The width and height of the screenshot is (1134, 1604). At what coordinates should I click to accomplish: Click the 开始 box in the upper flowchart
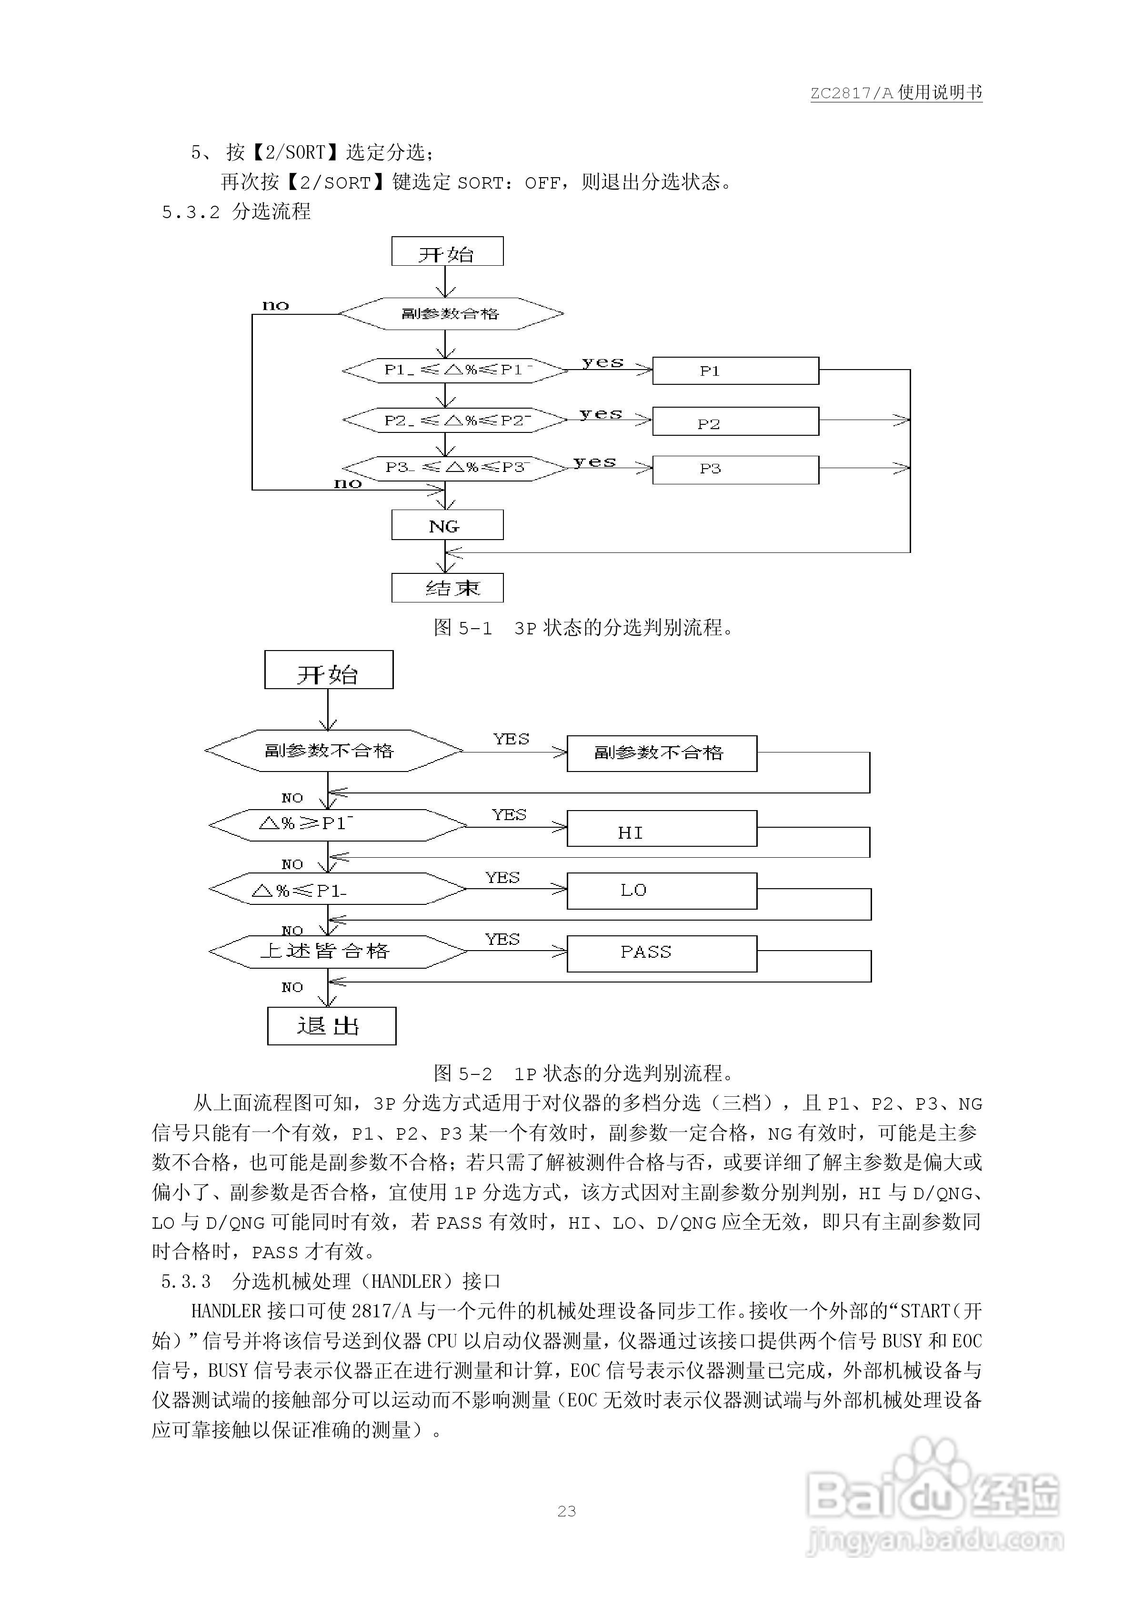(447, 251)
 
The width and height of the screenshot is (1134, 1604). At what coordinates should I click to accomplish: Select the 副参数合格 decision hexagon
(451, 314)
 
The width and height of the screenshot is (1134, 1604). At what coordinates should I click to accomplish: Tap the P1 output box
(735, 370)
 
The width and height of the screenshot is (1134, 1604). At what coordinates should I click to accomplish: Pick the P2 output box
(735, 422)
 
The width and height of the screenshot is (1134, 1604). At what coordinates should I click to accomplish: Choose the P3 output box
(735, 470)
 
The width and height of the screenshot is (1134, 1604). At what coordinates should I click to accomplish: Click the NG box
(447, 525)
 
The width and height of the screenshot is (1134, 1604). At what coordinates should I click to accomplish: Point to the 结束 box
(447, 588)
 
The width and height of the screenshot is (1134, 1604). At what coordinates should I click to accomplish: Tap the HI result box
(661, 829)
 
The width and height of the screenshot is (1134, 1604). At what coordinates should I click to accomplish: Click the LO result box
(661, 891)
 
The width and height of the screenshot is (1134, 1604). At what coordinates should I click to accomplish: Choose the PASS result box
(661, 953)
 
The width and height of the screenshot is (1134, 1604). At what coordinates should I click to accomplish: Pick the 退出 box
(331, 1026)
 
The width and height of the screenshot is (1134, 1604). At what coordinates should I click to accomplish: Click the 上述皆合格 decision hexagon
(338, 952)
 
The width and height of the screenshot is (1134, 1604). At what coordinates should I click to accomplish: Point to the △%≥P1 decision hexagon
(338, 825)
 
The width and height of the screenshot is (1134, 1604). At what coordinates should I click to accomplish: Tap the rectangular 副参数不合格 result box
(661, 753)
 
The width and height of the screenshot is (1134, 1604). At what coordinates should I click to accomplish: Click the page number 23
(567, 1511)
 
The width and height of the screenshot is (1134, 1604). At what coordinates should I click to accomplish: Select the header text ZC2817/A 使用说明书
(896, 93)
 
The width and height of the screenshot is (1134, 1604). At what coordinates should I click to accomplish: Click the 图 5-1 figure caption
(584, 627)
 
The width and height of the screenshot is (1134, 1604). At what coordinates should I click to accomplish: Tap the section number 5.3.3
(186, 1281)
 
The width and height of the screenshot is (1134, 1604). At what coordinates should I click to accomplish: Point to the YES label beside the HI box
(509, 814)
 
